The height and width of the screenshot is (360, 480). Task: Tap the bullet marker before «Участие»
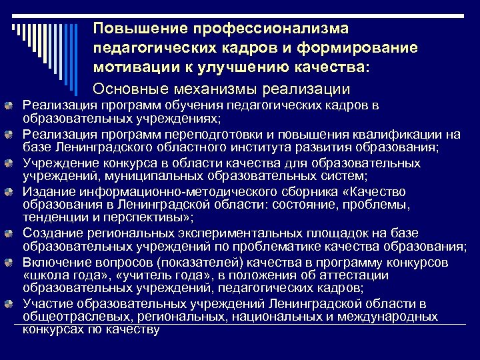point(13,305)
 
